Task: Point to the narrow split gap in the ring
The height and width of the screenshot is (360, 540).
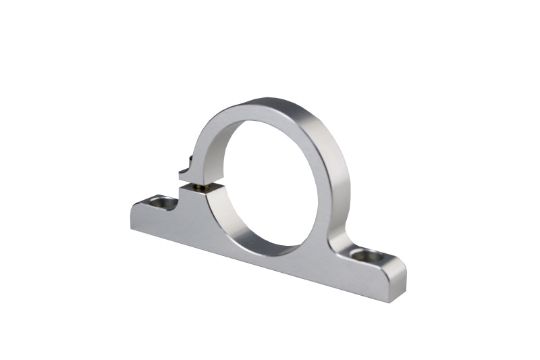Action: click(202, 182)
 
